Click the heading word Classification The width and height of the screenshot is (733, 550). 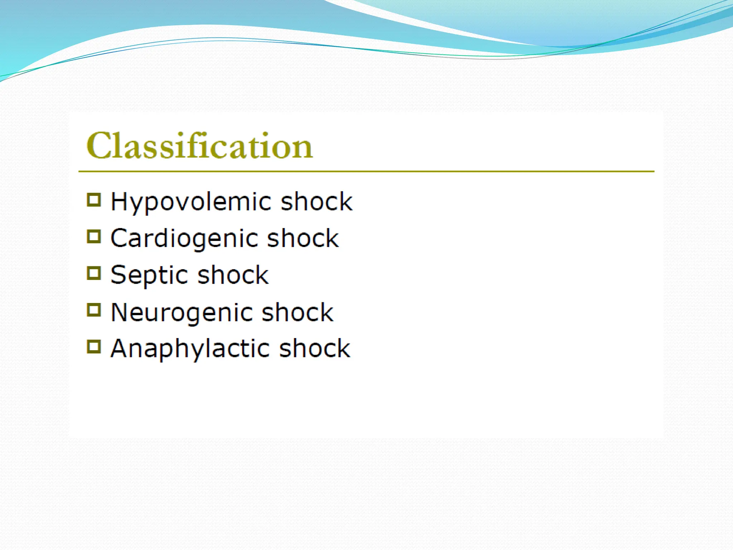199,146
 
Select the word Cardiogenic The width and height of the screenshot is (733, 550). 184,239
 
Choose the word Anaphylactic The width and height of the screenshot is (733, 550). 190,349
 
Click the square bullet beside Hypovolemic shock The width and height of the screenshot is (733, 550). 94,200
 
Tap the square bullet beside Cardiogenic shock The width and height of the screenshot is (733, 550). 94,236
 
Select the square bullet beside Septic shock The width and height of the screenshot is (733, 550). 94,273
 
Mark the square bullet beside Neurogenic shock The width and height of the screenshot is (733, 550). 94,310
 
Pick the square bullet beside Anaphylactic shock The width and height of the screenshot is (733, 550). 94,347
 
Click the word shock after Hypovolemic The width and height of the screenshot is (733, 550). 316,202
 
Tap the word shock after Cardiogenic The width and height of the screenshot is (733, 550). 303,238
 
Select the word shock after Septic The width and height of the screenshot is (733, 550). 233,275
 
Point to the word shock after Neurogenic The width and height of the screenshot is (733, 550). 297,313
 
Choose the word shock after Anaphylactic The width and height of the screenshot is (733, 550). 315,348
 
